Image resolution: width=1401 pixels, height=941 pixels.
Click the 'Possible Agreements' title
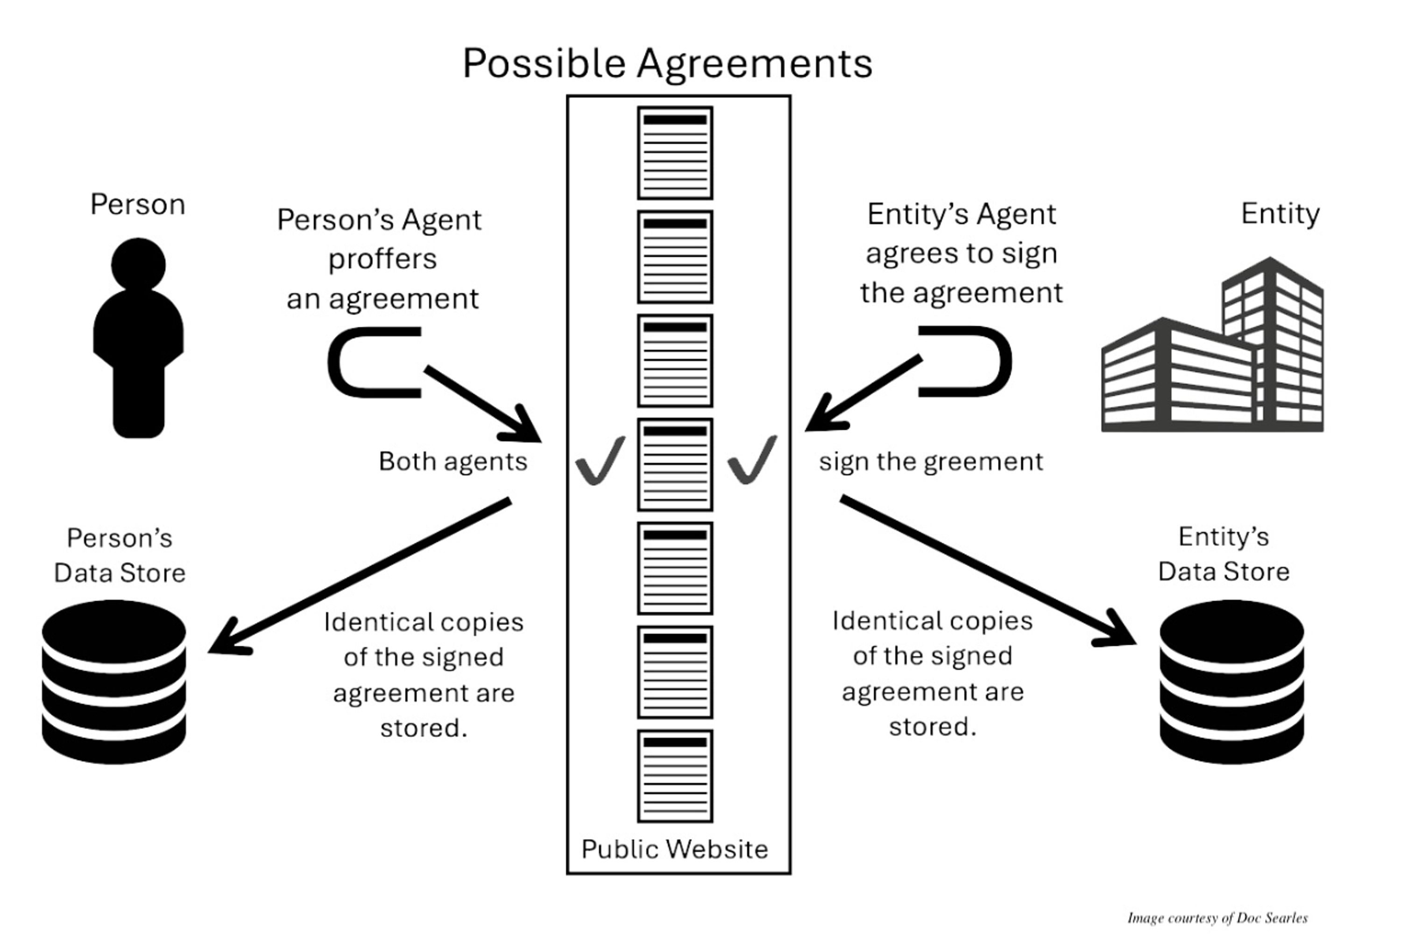point(667,63)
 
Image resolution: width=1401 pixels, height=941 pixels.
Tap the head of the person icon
point(138,264)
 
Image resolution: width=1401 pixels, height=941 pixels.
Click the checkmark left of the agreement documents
point(600,461)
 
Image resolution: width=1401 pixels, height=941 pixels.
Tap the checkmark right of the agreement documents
point(751,461)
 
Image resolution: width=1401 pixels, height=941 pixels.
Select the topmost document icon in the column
point(675,153)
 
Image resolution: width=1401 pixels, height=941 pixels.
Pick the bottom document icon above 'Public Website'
point(675,776)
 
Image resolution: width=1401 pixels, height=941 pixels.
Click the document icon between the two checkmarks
point(675,464)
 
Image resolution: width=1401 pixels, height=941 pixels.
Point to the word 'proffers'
point(382,259)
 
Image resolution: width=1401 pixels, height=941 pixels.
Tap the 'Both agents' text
point(453,462)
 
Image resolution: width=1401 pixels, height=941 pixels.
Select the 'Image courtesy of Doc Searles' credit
point(1217,918)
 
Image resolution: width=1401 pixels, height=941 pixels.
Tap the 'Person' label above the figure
point(137,204)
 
